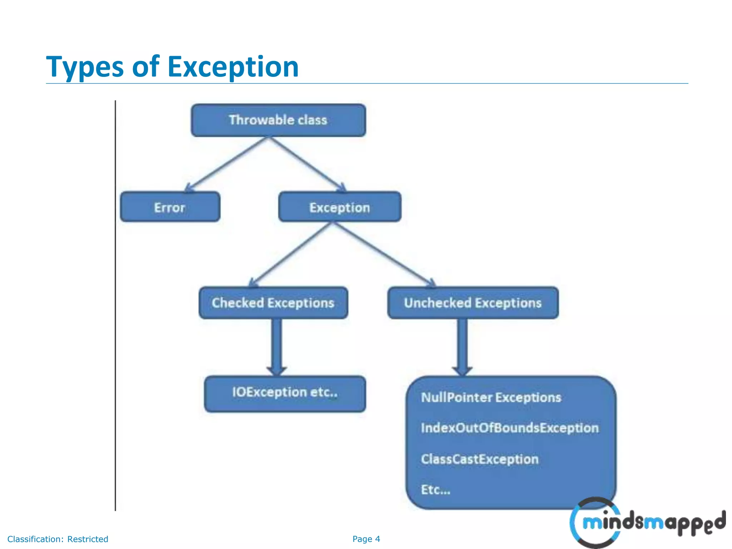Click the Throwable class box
click(x=278, y=120)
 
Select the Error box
click(x=170, y=207)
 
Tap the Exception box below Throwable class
click(x=340, y=207)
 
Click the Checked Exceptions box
click(x=273, y=303)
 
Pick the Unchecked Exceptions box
click(x=473, y=303)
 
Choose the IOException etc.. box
click(x=285, y=393)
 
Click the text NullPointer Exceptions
click(x=491, y=397)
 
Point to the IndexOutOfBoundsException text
click(x=509, y=428)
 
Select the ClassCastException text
click(x=479, y=459)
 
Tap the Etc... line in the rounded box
click(x=435, y=490)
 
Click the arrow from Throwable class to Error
click(x=227, y=164)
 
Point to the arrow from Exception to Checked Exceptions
click(x=291, y=254)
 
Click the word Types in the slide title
click(x=85, y=67)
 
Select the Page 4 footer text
click(x=366, y=539)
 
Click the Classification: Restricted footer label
click(x=58, y=539)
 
